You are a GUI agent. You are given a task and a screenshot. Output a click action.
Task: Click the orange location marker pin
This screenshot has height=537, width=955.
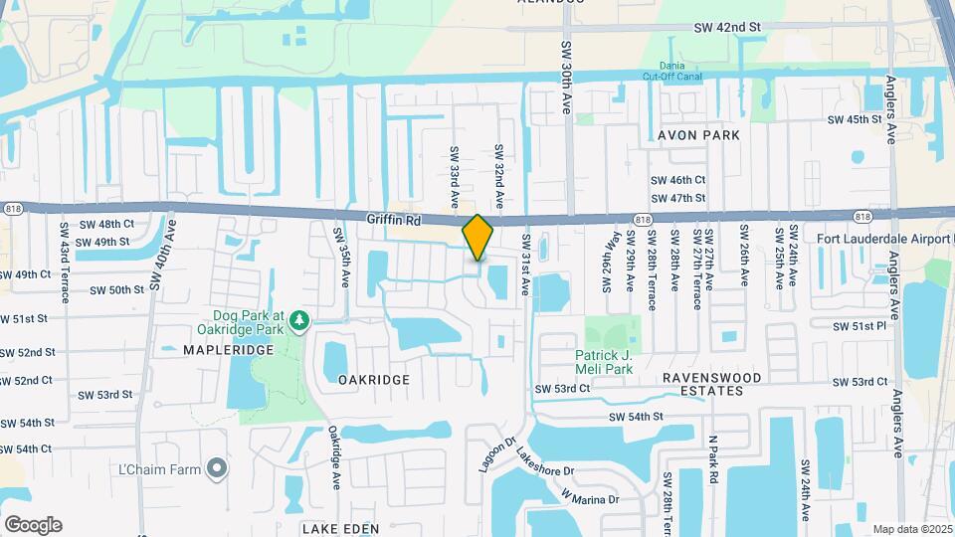click(477, 238)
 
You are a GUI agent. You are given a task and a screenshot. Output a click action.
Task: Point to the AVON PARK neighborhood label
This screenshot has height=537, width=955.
click(698, 134)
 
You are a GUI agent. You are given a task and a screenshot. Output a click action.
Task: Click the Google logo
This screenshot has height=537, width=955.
click(32, 524)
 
